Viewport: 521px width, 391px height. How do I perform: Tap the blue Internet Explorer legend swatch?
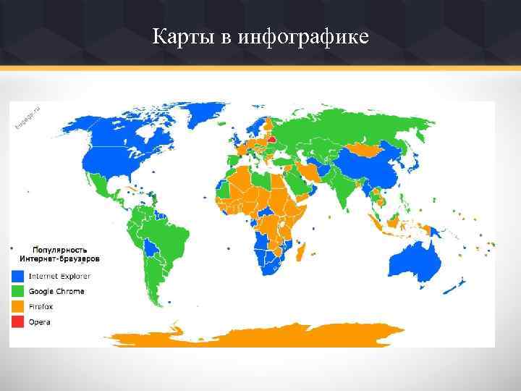point(18,276)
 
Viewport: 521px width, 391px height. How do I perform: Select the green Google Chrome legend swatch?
point(18,291)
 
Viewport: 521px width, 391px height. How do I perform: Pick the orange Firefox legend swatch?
point(18,306)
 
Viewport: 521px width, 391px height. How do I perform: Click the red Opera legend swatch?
point(18,321)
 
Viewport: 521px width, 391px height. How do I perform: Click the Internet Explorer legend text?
point(59,276)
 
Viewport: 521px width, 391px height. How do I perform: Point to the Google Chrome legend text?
point(56,291)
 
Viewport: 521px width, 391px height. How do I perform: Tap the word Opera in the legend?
point(40,321)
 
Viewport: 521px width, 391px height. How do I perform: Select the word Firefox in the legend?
point(41,306)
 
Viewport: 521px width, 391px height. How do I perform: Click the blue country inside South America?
point(151,249)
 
